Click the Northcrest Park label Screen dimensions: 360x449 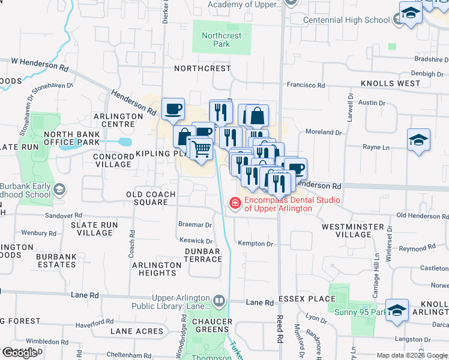pos(221,40)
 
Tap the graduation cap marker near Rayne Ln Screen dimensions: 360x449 pos(418,140)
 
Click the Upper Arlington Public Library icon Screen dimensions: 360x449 pos(219,300)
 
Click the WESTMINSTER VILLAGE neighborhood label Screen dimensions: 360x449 pos(352,231)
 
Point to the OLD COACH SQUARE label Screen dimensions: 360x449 pos(151,198)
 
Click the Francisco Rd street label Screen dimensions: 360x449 pos(306,85)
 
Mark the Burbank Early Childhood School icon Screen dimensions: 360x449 pos(59,190)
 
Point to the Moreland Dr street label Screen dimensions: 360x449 pos(323,131)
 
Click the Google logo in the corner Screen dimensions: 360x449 pos(20,353)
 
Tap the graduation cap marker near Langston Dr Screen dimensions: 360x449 pos(397,310)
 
